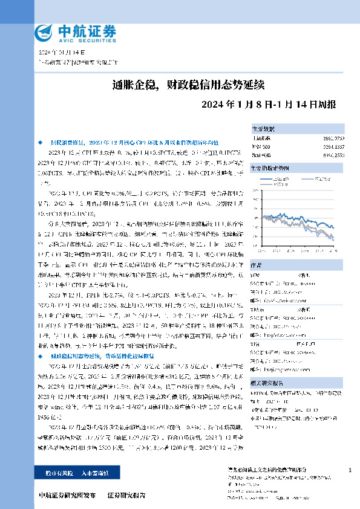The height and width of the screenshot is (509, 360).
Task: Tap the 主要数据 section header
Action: pos(263,129)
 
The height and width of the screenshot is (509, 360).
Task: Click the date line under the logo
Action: pos(59,53)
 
